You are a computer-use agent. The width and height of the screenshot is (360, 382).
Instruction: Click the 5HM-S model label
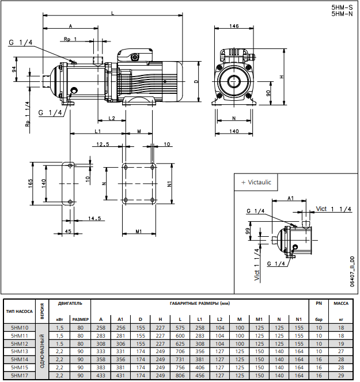coord(342,7)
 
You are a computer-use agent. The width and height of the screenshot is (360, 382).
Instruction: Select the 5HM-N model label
coord(342,13)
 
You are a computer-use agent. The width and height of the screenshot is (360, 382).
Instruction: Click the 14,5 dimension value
coord(95,218)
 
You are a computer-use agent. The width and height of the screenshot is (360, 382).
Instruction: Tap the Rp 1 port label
coord(70,39)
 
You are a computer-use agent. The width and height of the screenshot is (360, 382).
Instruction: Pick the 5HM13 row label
coord(20,351)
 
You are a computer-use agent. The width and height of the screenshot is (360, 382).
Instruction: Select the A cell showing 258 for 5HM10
coord(101,327)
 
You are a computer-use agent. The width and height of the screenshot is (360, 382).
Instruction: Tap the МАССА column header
coord(341,302)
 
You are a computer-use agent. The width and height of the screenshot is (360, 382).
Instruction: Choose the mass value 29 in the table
coord(341,375)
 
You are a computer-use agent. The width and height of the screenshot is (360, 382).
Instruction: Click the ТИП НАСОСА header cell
coord(20,311)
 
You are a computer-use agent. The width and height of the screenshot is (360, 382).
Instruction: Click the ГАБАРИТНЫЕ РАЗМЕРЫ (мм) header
coord(199,302)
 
